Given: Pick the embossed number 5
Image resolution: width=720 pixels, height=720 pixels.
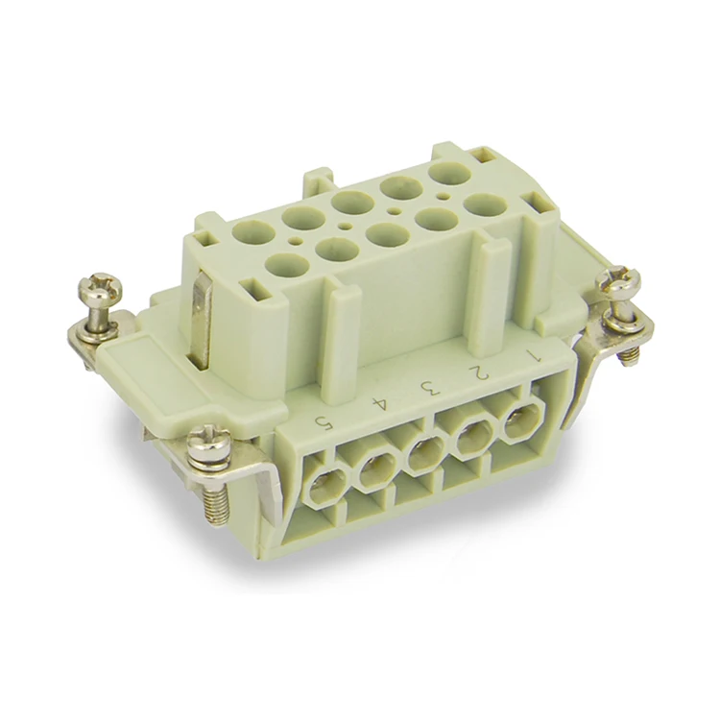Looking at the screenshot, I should point(330,420).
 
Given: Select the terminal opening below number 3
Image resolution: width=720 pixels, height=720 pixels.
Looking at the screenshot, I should point(422,453).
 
